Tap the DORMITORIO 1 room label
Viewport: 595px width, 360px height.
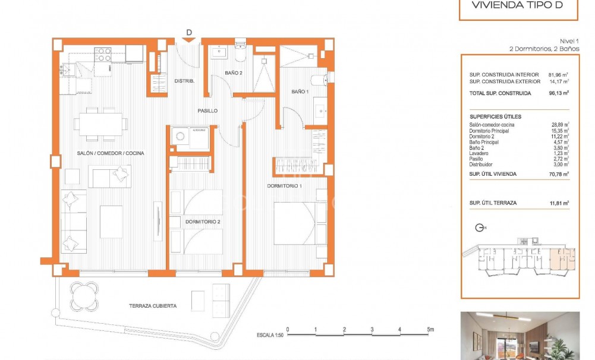pos(284,186)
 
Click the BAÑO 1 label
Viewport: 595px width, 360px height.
pos(299,91)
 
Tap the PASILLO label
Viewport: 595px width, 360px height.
pos(207,111)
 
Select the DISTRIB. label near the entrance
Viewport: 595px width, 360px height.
pos(185,81)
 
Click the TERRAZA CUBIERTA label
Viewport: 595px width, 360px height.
pos(152,306)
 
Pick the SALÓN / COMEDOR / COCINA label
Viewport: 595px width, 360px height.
pos(111,153)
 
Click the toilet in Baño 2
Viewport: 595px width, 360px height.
pos(240,52)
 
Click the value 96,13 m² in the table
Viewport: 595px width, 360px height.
pos(559,93)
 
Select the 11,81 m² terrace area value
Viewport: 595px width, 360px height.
pos(559,203)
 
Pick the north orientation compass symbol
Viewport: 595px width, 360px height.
pos(481,227)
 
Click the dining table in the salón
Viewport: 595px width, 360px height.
pos(100,124)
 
